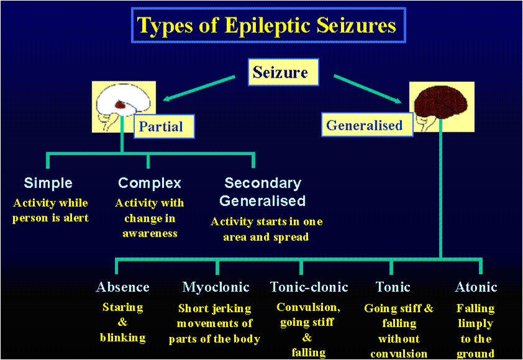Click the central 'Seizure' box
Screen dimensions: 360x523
pos(280,73)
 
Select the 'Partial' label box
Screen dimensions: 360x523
pos(160,127)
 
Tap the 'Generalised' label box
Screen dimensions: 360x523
pos(364,125)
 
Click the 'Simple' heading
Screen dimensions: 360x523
pos(48,183)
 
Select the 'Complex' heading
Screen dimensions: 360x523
pos(150,183)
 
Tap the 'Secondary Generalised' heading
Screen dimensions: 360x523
pos(263,192)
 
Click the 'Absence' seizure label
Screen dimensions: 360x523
pos(122,287)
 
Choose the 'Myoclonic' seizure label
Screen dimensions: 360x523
pos(216,287)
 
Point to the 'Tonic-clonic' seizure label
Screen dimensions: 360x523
pos(309,287)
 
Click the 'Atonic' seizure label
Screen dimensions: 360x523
pos(476,287)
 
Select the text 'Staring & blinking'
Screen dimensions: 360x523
pos(122,323)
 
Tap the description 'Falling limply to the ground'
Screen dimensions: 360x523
pos(475,331)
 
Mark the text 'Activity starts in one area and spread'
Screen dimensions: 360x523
pos(266,229)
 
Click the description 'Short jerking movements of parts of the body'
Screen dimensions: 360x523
pos(214,323)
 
